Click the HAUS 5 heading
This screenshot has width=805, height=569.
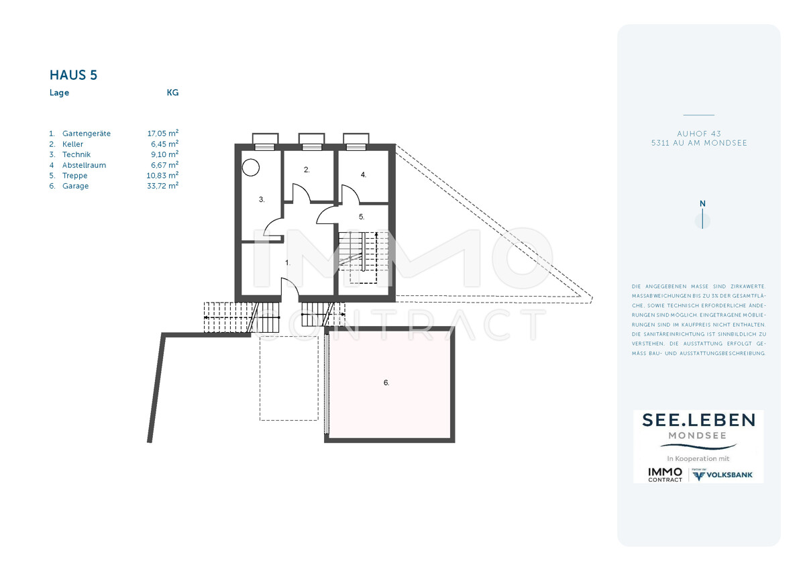pyautogui.click(x=73, y=75)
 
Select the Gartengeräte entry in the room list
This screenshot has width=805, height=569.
pyautogui.click(x=87, y=134)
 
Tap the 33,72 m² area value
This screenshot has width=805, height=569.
pyautogui.click(x=162, y=186)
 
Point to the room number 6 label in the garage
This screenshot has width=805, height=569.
pyautogui.click(x=386, y=382)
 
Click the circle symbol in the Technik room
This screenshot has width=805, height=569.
pyautogui.click(x=251, y=168)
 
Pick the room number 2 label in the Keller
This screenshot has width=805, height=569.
pyautogui.click(x=307, y=170)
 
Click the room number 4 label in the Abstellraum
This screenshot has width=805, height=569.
pyautogui.click(x=364, y=174)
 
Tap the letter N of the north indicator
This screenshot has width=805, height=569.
pyautogui.click(x=702, y=204)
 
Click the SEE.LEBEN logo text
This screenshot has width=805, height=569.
pyautogui.click(x=698, y=420)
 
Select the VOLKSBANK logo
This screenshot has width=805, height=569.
pyautogui.click(x=722, y=475)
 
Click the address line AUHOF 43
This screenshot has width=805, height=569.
pyautogui.click(x=699, y=134)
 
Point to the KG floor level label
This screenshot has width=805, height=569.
pyautogui.click(x=172, y=93)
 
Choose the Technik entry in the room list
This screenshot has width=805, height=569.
pyautogui.click(x=76, y=154)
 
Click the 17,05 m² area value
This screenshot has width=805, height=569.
pyautogui.click(x=163, y=134)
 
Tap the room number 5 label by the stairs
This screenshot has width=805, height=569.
pyautogui.click(x=362, y=217)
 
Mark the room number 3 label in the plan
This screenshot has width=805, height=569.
pyautogui.click(x=262, y=199)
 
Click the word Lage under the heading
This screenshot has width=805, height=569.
pyautogui.click(x=59, y=93)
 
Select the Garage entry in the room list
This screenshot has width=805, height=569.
pyautogui.click(x=75, y=186)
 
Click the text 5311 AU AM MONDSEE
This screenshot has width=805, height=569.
pyautogui.click(x=699, y=143)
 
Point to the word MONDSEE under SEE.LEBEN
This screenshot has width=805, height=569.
pyautogui.click(x=697, y=435)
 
